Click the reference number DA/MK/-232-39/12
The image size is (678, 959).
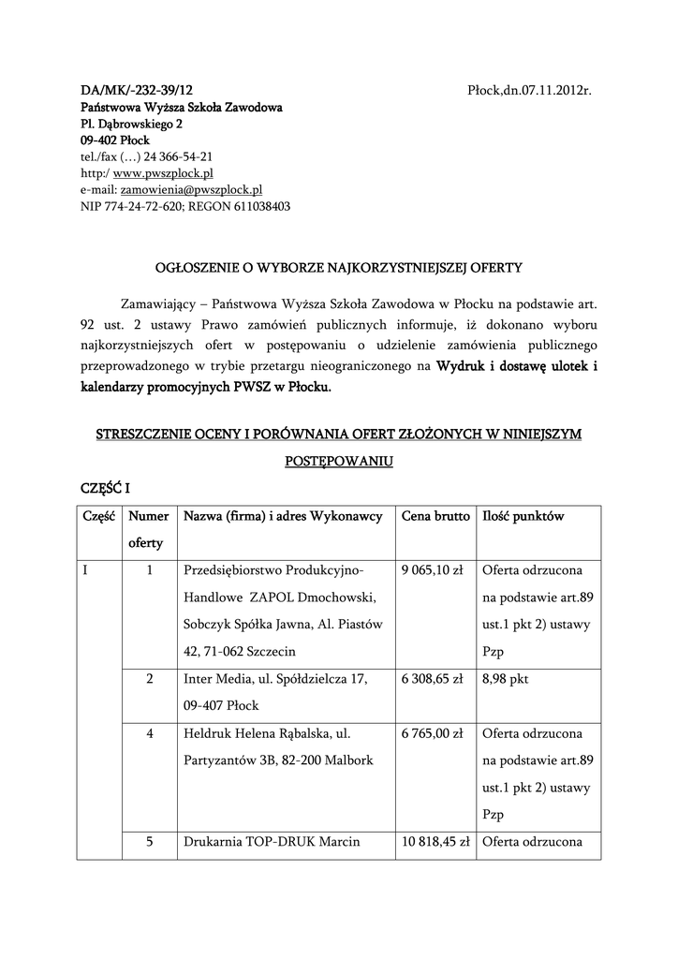point(137,90)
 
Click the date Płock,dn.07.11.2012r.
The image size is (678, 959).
point(530,90)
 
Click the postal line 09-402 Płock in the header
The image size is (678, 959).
point(109,140)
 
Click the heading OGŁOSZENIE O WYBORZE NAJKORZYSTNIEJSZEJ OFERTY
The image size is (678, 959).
point(338,268)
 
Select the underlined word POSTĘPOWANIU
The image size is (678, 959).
point(338,462)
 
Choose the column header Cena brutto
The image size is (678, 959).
point(435,517)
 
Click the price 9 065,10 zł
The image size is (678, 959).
point(433,570)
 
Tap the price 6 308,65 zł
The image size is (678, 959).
point(433,679)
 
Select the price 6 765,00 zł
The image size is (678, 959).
point(433,733)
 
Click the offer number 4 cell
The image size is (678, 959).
point(150,733)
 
